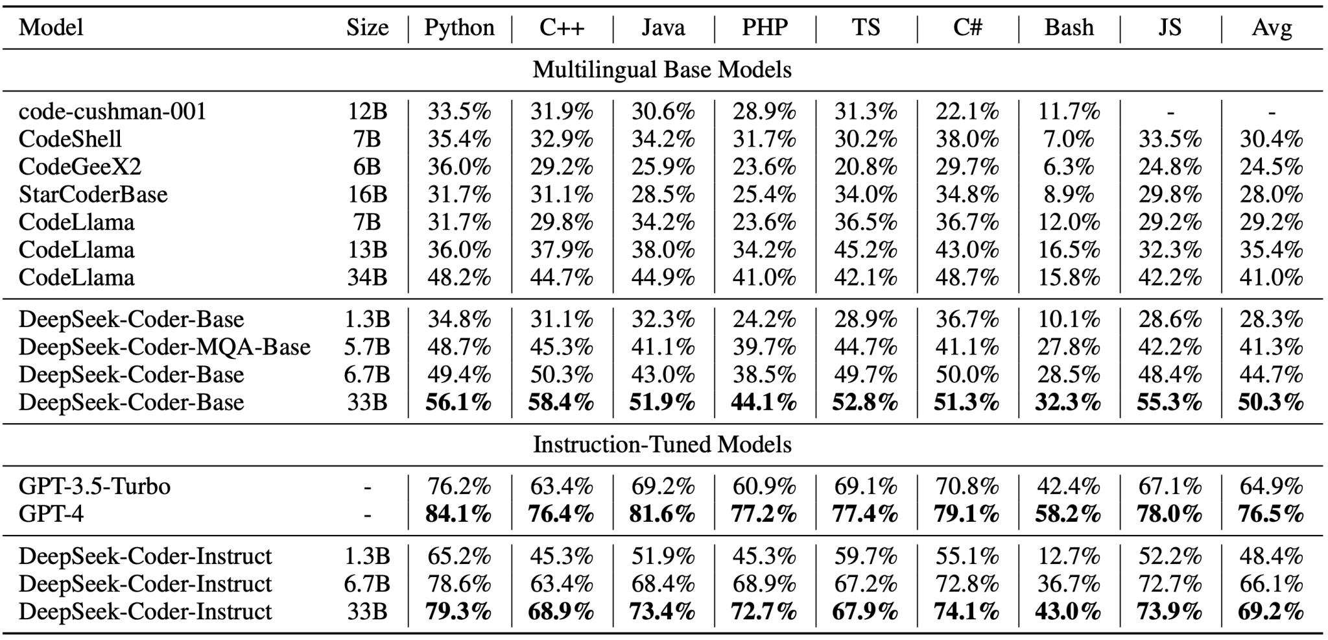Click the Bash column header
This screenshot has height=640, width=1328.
click(x=1069, y=27)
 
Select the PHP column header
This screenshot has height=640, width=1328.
click(x=765, y=27)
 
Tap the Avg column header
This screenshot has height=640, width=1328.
click(x=1272, y=27)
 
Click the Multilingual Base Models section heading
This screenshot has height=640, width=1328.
click(x=662, y=69)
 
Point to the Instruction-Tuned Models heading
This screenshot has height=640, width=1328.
click(x=662, y=445)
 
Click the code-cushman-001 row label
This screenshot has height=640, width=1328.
click(x=112, y=112)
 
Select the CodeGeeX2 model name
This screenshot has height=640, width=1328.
click(x=80, y=167)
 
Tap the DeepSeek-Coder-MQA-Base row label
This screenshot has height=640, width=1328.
click(x=164, y=347)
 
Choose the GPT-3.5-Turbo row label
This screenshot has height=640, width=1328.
click(x=95, y=486)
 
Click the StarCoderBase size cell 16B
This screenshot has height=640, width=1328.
click(x=367, y=195)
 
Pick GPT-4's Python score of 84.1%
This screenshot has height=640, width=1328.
click(x=458, y=514)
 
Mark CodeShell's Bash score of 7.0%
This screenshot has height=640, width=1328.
click(x=1069, y=140)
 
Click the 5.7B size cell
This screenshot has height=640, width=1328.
click(x=367, y=347)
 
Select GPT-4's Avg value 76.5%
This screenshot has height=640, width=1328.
click(x=1271, y=514)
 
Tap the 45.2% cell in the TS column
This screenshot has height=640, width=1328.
click(x=866, y=250)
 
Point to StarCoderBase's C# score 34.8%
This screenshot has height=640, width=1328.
click(x=967, y=195)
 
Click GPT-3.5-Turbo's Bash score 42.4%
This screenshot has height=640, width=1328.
click(x=1069, y=486)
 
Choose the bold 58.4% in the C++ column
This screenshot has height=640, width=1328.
click(x=561, y=402)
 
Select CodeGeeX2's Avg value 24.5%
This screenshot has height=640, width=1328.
click(x=1271, y=167)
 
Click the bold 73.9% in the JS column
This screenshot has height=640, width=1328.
click(x=1170, y=611)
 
